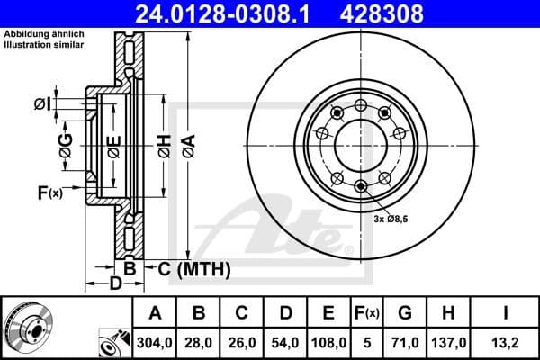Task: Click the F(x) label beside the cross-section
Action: point(49,192)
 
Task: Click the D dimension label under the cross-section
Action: point(114,285)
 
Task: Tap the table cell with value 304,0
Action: point(156,343)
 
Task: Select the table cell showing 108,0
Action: point(328,343)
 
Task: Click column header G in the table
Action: point(404,314)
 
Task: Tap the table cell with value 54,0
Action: point(285,343)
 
